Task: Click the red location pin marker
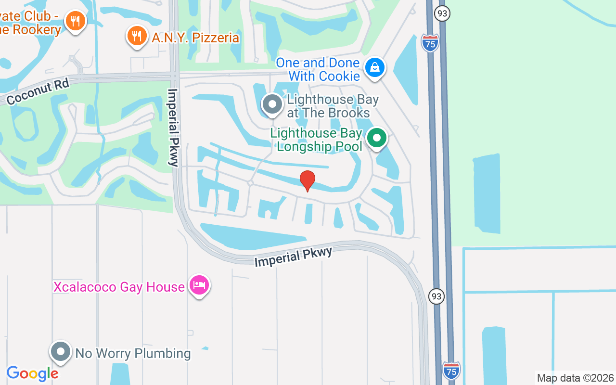[308, 180]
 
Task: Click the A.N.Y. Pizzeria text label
[195, 38]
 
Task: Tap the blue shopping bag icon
[374, 68]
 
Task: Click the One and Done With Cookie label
[318, 69]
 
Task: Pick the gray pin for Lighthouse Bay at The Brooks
[272, 104]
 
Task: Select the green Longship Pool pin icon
[377, 139]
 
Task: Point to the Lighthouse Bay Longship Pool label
[316, 140]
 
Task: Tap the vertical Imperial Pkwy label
[173, 128]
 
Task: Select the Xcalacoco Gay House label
[119, 287]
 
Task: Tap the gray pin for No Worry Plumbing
[61, 352]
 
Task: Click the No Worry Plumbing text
[133, 353]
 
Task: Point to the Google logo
[32, 373]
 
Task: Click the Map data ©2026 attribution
[575, 378]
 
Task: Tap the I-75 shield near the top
[430, 43]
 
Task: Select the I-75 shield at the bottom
[451, 371]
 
